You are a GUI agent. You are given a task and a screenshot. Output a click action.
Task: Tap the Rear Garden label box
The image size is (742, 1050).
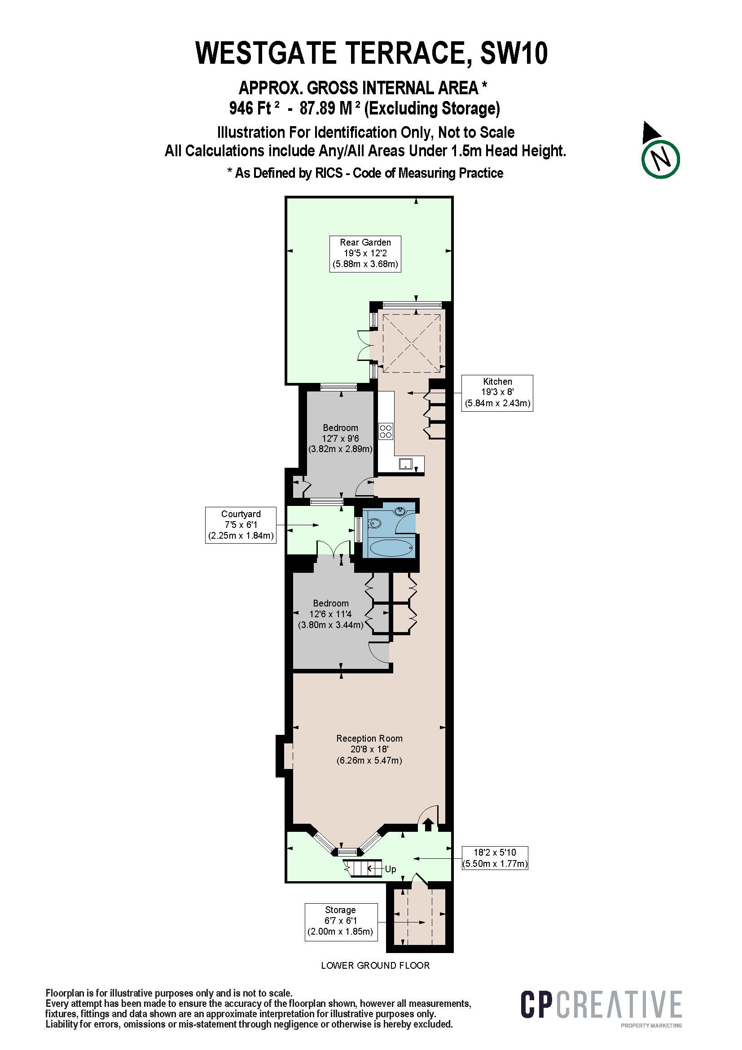click(365, 253)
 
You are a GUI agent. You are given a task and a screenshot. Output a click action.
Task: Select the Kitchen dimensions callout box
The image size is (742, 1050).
click(497, 392)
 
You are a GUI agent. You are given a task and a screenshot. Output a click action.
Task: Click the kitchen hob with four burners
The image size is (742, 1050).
click(386, 431)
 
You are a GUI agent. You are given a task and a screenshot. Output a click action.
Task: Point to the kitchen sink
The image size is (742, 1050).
click(405, 464)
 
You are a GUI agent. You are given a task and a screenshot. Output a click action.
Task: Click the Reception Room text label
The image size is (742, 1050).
click(369, 738)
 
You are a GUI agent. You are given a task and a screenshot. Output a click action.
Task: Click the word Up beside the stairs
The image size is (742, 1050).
click(390, 869)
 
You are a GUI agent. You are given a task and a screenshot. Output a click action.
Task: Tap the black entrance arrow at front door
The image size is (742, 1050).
click(428, 825)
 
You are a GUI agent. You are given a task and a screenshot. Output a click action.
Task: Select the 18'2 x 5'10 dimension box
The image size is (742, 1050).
click(495, 857)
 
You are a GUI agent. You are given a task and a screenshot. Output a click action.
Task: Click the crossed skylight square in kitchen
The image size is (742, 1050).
click(413, 341)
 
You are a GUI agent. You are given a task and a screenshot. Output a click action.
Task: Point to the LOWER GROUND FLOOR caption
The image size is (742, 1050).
click(375, 965)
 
